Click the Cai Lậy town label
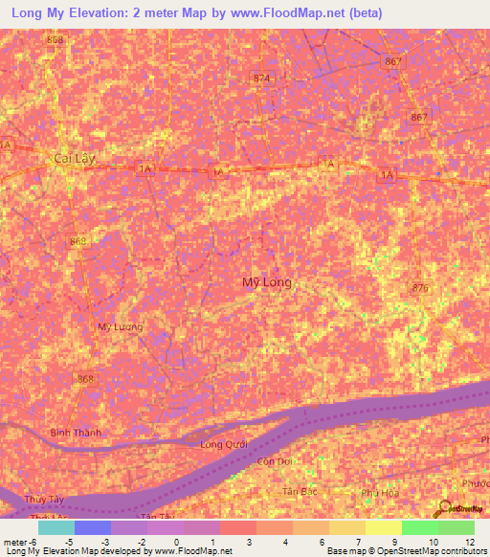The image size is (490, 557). coord(76,157)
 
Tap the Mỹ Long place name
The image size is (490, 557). coord(266,282)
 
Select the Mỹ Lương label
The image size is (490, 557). coord(120,327)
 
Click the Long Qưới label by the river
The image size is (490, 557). coord(225,444)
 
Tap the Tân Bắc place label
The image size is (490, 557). coord(298,491)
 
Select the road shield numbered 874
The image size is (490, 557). coord(261,78)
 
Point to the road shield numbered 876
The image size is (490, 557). coord(418,287)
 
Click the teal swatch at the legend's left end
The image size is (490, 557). coord(56,527)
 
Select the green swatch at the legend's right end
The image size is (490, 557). coord(456,527)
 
